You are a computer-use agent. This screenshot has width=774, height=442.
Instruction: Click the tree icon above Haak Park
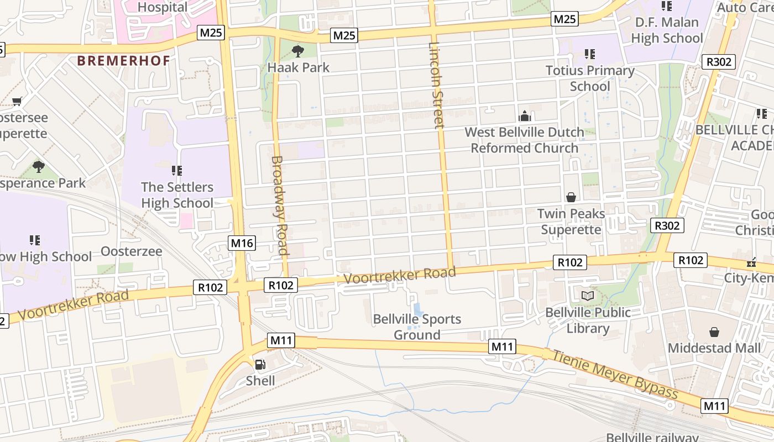[298, 51]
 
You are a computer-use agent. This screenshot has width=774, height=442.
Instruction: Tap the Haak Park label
[298, 67]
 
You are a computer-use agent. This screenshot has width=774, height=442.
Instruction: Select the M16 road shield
[242, 243]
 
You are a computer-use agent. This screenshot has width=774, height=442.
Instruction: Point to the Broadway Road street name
[280, 205]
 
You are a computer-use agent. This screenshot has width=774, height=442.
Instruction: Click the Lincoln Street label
[436, 85]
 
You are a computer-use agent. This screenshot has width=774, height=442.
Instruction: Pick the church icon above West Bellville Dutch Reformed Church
[525, 116]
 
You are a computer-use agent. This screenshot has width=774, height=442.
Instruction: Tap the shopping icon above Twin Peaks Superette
[571, 197]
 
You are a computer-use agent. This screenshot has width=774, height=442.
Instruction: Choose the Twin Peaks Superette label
[571, 222]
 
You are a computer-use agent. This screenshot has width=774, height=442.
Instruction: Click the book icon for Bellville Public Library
[588, 296]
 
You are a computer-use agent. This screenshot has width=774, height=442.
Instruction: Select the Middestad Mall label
[714, 348]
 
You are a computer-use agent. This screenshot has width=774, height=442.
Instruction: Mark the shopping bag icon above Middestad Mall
[714, 332]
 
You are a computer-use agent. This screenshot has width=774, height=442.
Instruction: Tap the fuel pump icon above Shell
[260, 365]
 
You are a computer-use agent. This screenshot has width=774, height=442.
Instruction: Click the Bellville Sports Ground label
[417, 327]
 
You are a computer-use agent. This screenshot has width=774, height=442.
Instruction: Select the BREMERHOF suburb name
[123, 61]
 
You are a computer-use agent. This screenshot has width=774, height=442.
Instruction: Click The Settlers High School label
[177, 195]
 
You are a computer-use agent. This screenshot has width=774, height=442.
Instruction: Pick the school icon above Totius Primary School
[590, 54]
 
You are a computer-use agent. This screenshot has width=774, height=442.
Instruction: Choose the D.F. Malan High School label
[667, 30]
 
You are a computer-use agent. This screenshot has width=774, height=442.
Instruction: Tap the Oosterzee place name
[132, 251]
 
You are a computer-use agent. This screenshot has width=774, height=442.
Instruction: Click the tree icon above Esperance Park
[38, 166]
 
